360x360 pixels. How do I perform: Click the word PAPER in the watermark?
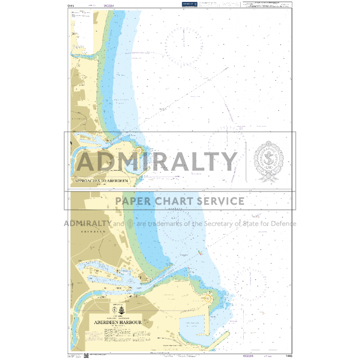click(134, 201)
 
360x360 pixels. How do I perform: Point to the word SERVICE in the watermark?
click(219, 201)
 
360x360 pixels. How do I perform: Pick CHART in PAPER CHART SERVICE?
click(174, 201)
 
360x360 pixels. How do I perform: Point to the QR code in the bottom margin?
click(86, 355)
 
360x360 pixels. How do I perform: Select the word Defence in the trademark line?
click(281, 224)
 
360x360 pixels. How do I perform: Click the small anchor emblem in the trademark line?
click(131, 224)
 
